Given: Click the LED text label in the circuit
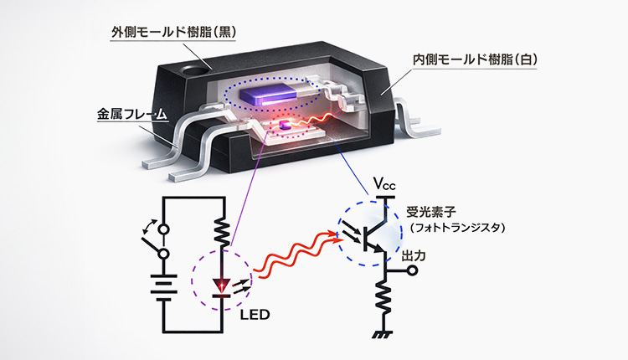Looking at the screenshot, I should point(253,316).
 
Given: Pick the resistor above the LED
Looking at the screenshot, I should point(222,228).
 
